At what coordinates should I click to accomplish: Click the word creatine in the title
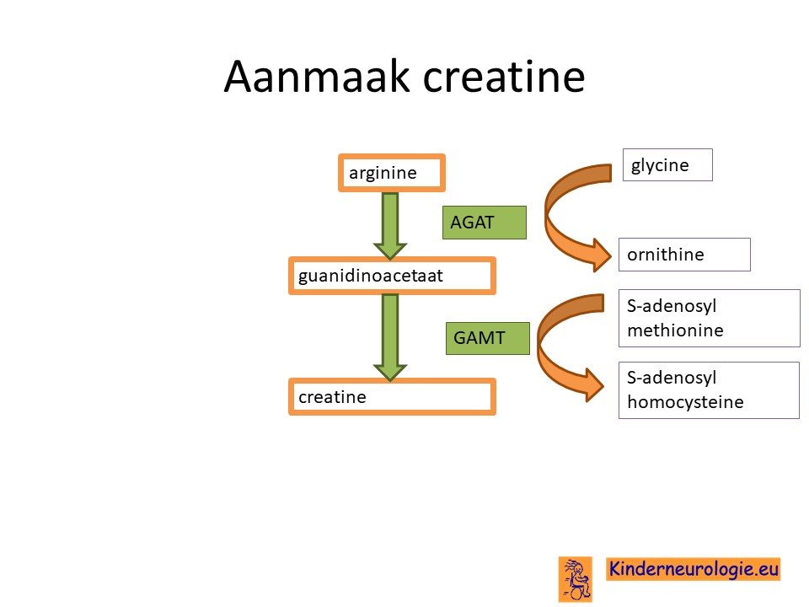[x=504, y=77]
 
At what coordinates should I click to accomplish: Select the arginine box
[x=392, y=172]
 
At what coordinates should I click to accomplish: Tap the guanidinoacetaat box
[x=392, y=276]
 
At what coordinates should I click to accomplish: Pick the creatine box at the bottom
[x=392, y=396]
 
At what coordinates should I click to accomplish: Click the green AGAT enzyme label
[x=485, y=223]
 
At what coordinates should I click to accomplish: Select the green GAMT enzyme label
[x=488, y=338]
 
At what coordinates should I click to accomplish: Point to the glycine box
[x=667, y=164]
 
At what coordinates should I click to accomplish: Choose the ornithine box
[x=684, y=255]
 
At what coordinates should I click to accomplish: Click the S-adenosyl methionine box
[x=710, y=318]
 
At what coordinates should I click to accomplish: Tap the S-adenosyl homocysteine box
[x=709, y=390]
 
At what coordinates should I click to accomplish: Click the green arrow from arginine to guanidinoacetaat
[x=390, y=225]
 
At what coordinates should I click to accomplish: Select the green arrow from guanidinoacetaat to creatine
[x=390, y=337]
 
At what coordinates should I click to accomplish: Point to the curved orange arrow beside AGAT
[x=549, y=217]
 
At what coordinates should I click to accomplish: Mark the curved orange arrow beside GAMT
[x=540, y=346]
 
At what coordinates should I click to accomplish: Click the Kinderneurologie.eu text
[x=694, y=569]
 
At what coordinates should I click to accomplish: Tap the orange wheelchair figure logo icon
[x=576, y=579]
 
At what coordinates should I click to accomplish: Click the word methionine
[x=675, y=330]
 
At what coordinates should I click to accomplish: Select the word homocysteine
[x=685, y=401]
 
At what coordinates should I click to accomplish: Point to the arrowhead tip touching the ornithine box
[x=612, y=255]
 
